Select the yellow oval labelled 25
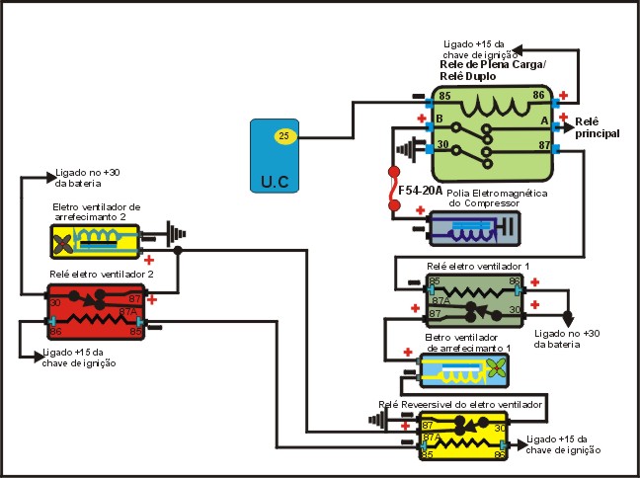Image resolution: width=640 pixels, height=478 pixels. pos(284,135)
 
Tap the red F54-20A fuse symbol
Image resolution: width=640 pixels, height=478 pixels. pos(393,192)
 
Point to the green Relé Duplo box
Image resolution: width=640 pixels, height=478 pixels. pos(491,132)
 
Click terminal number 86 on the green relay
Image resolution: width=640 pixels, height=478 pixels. pos(539,96)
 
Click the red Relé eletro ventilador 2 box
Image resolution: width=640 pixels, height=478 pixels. pos(96,311)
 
